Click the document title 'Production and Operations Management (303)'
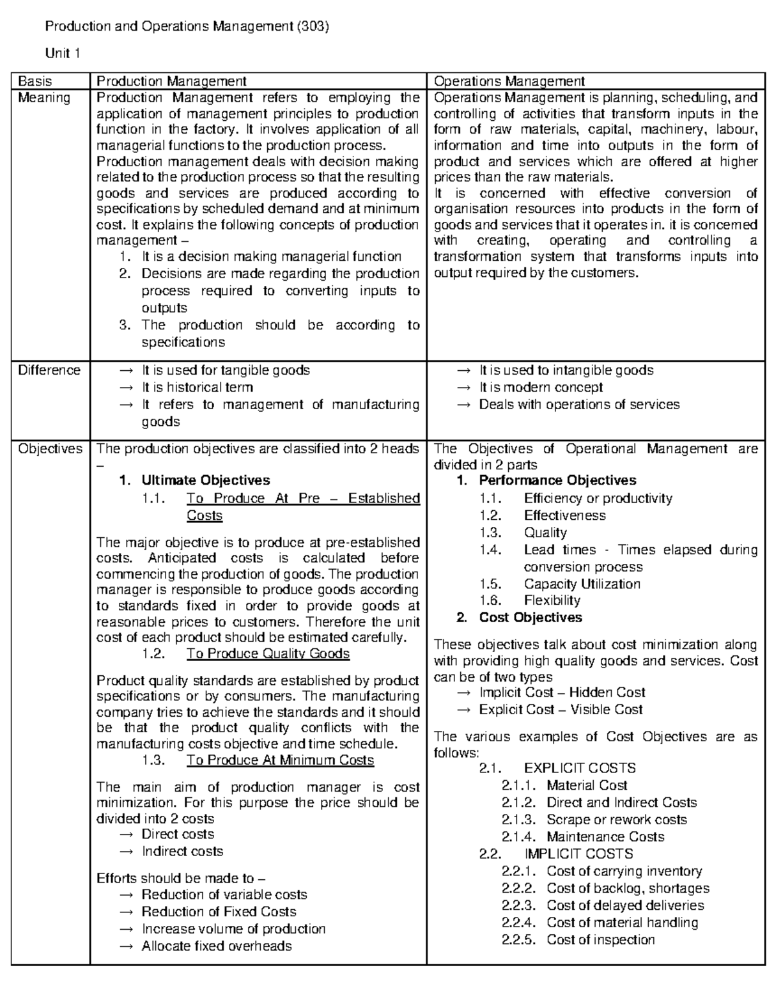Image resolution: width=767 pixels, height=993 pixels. [x=186, y=27]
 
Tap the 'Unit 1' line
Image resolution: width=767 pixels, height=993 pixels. [x=61, y=54]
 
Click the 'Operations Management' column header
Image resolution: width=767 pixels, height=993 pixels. [x=509, y=81]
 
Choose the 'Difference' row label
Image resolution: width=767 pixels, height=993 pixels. [x=49, y=370]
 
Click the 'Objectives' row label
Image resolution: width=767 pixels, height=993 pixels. [x=50, y=449]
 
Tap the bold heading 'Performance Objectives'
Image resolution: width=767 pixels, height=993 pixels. [x=557, y=480]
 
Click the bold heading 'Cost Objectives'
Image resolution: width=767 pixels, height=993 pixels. [x=531, y=618]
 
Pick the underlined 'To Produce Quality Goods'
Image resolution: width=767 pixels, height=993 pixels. [x=268, y=653]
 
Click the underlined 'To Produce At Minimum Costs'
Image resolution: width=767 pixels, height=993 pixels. [x=280, y=760]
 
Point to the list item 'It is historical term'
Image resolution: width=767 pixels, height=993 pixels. [x=197, y=387]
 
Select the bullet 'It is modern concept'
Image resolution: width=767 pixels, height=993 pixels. [x=541, y=387]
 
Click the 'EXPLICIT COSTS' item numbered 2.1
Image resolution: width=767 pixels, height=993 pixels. [x=579, y=768]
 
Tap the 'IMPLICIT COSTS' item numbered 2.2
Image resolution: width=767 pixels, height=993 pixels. [x=578, y=854]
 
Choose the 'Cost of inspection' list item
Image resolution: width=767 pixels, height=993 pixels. [x=600, y=939]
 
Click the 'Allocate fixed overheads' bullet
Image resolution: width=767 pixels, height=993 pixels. [x=216, y=946]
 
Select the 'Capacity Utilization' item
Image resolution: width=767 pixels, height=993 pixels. [x=582, y=584]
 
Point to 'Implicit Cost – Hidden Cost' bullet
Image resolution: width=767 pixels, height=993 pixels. [x=562, y=692]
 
